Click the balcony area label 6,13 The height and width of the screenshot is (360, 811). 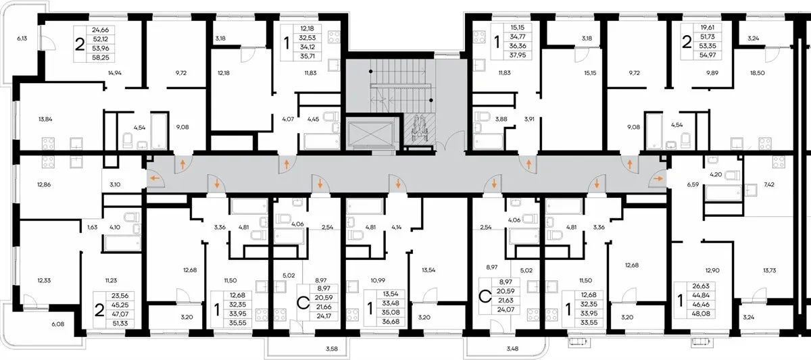pos(22,38)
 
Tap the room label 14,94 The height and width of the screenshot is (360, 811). pos(115,73)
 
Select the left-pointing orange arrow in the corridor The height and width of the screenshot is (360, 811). pos(155,178)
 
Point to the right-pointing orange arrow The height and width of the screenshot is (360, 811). pos(658,178)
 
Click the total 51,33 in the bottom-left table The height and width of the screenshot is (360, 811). pos(120,323)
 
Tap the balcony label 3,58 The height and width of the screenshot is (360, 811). pos(332,349)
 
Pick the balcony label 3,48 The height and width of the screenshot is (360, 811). pos(512,349)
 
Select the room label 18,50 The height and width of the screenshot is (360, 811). pos(758,73)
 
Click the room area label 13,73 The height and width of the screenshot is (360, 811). pos(769,270)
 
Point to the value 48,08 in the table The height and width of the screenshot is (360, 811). pos(701,313)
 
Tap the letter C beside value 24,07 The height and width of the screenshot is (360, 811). pos(485,297)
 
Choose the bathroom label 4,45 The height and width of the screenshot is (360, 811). pos(313,119)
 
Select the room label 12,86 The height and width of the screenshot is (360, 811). pos(44,184)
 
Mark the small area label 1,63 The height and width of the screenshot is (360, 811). pos(93,227)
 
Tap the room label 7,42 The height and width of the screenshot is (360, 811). pos(769,184)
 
